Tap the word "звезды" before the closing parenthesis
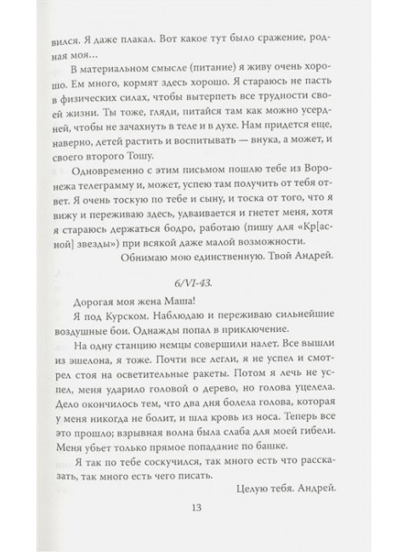88,241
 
